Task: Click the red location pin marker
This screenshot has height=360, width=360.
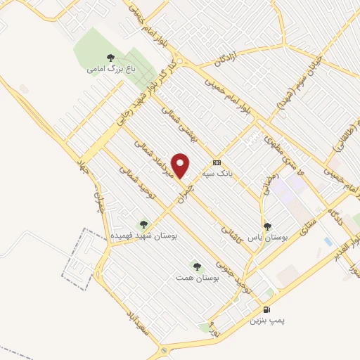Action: click(181, 165)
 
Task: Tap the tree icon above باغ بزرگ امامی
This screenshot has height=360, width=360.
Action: click(109, 58)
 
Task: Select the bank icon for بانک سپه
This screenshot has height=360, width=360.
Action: click(217, 160)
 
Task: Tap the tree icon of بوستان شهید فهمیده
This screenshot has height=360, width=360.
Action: click(144, 224)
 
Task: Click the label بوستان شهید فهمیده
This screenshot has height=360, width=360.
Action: click(144, 236)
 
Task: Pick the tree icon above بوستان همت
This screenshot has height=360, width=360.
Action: click(196, 266)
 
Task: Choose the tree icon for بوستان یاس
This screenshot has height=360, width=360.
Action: click(267, 226)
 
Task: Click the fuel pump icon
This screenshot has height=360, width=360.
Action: click(266, 309)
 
